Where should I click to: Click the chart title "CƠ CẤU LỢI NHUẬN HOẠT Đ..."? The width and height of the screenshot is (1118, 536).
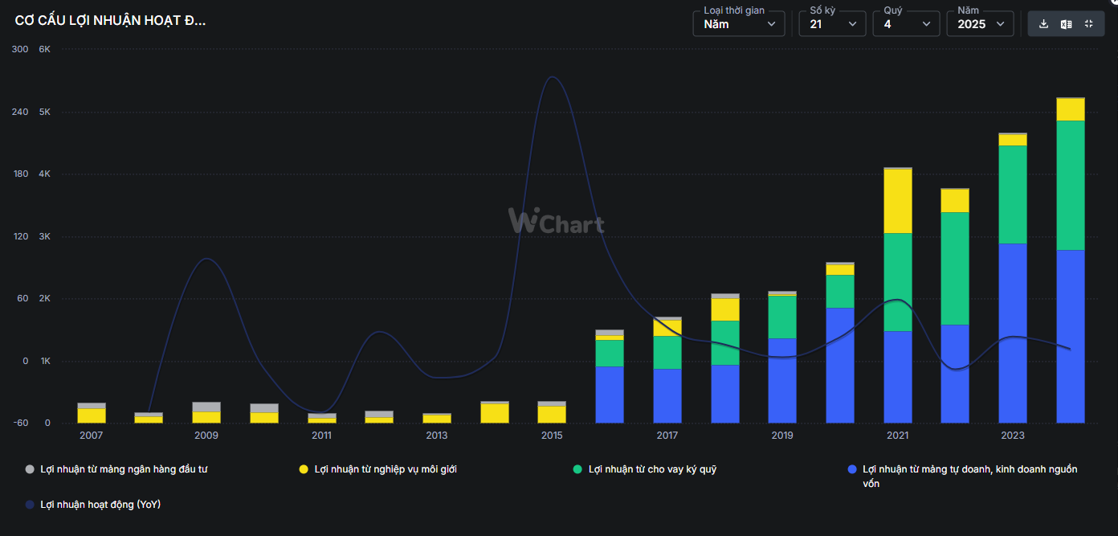coord(110,22)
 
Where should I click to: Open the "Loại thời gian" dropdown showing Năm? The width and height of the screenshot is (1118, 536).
coord(738,24)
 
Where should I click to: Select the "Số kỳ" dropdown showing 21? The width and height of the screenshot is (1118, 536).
coord(831,24)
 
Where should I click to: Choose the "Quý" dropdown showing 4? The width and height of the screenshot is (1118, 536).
coord(905,24)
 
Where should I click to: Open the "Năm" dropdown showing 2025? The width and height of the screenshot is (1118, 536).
coord(979,24)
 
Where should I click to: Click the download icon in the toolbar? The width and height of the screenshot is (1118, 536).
coord(1043,24)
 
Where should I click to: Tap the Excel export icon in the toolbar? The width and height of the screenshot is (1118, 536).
coord(1066,24)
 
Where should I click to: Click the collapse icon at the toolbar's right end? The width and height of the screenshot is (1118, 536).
coord(1089,24)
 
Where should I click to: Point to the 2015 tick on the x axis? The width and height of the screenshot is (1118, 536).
coord(552,436)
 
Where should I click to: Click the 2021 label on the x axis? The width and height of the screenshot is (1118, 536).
coord(897,436)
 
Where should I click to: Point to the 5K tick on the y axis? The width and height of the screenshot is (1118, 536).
coord(45,112)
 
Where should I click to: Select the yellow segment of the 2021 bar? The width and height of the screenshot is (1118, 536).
coord(897,201)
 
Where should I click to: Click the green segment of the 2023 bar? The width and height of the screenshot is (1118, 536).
coord(1013,194)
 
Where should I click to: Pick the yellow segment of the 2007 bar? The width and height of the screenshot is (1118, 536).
coord(92,415)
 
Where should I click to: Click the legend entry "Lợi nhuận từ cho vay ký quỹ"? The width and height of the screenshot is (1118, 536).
coord(651,469)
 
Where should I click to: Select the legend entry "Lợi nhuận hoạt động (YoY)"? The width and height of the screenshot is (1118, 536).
coord(100,505)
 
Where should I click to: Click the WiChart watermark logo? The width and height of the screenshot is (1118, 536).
coord(556,220)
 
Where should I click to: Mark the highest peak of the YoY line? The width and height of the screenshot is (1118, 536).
coord(552,77)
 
